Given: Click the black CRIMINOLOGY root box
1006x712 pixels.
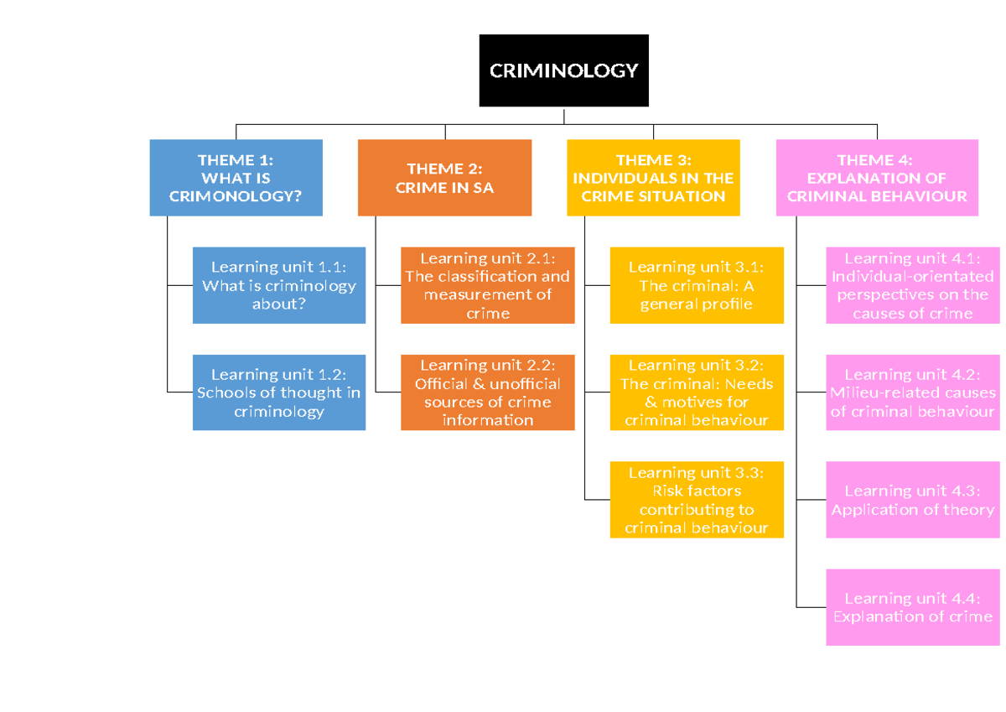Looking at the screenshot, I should pyautogui.click(x=563, y=70).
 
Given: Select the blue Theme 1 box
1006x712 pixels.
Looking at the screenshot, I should pyautogui.click(x=236, y=178).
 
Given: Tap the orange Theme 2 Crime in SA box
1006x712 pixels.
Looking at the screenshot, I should pyautogui.click(x=444, y=178).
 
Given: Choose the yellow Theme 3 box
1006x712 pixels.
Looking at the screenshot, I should pyautogui.click(x=653, y=178).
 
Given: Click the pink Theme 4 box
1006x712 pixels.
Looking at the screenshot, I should pyautogui.click(x=877, y=178).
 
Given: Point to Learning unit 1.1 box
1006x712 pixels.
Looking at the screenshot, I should pyautogui.click(x=279, y=285).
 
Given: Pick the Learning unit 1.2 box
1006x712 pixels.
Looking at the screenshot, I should pyautogui.click(x=279, y=392).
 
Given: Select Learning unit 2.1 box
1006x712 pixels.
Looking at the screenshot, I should pyautogui.click(x=487, y=285).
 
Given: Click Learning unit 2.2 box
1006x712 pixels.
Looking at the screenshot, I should pyautogui.click(x=487, y=392).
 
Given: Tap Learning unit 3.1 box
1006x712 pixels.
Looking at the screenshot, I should pyautogui.click(x=696, y=285).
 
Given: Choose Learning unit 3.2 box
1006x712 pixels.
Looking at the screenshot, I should pyautogui.click(x=696, y=392).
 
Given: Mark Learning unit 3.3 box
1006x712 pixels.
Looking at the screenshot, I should pyautogui.click(x=696, y=500).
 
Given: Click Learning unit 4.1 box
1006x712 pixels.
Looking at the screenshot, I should pyautogui.click(x=913, y=285).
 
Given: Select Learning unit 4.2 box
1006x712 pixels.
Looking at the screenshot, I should pyautogui.click(x=913, y=392).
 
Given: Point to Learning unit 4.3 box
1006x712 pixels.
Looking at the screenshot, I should pyautogui.click(x=913, y=500).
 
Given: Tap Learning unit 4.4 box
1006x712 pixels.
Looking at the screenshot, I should pyautogui.click(x=913, y=607).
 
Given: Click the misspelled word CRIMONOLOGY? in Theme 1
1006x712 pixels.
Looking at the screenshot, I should pyautogui.click(x=235, y=196).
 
